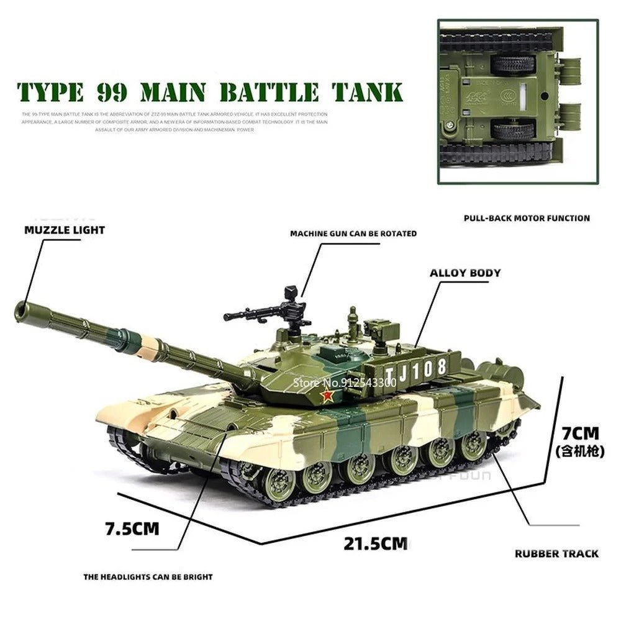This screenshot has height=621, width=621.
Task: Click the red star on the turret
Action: (x=328, y=396)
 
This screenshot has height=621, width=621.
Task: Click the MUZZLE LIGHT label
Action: (x=65, y=230)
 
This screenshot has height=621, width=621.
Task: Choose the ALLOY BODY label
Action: (x=465, y=273)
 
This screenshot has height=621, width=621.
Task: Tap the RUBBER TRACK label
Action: (x=556, y=553)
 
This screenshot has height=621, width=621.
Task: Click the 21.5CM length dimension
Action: (x=376, y=544)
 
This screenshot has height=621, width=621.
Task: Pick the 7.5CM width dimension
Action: (x=132, y=529)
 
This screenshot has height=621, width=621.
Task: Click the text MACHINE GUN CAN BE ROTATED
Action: (x=353, y=233)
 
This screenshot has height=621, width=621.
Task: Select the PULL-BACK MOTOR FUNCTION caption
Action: (x=527, y=218)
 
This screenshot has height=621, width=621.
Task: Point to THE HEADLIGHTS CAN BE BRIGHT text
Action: (x=148, y=577)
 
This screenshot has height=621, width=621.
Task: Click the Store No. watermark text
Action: (x=344, y=383)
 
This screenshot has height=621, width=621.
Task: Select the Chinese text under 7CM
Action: (x=579, y=452)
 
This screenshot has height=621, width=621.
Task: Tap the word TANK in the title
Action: (x=366, y=91)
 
